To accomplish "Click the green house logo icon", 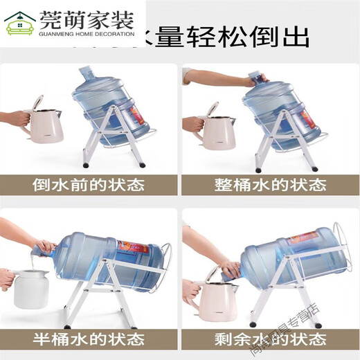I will [20, 24].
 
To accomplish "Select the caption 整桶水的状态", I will [270, 185].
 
